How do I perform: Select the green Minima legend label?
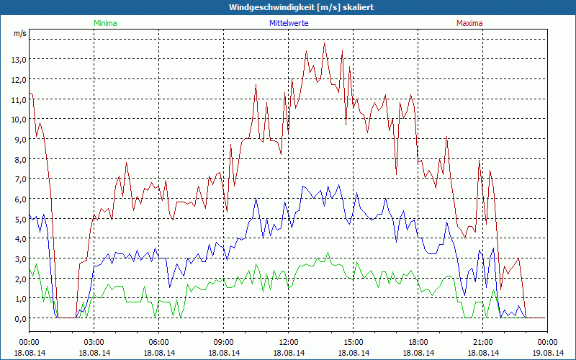click(x=105, y=23)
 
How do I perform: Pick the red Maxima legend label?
click(x=469, y=23)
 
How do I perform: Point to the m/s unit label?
click(x=19, y=33)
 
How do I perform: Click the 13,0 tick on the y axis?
click(x=19, y=59)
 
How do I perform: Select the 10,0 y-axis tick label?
click(x=19, y=119)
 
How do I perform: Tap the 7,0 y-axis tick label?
click(x=19, y=179)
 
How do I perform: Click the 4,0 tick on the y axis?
click(x=19, y=238)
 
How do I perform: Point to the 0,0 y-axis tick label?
click(x=19, y=318)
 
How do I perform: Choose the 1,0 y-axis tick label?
click(x=19, y=298)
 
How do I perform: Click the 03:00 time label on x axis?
click(x=94, y=342)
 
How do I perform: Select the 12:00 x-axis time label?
click(x=289, y=342)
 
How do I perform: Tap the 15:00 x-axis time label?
click(x=354, y=342)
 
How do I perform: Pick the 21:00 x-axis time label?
click(x=483, y=342)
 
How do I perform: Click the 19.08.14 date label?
click(x=548, y=353)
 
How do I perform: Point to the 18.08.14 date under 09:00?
click(x=224, y=353)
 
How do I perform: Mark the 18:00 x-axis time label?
click(x=418, y=342)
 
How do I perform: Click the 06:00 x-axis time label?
click(x=159, y=342)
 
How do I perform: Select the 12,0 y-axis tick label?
click(x=19, y=79)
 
